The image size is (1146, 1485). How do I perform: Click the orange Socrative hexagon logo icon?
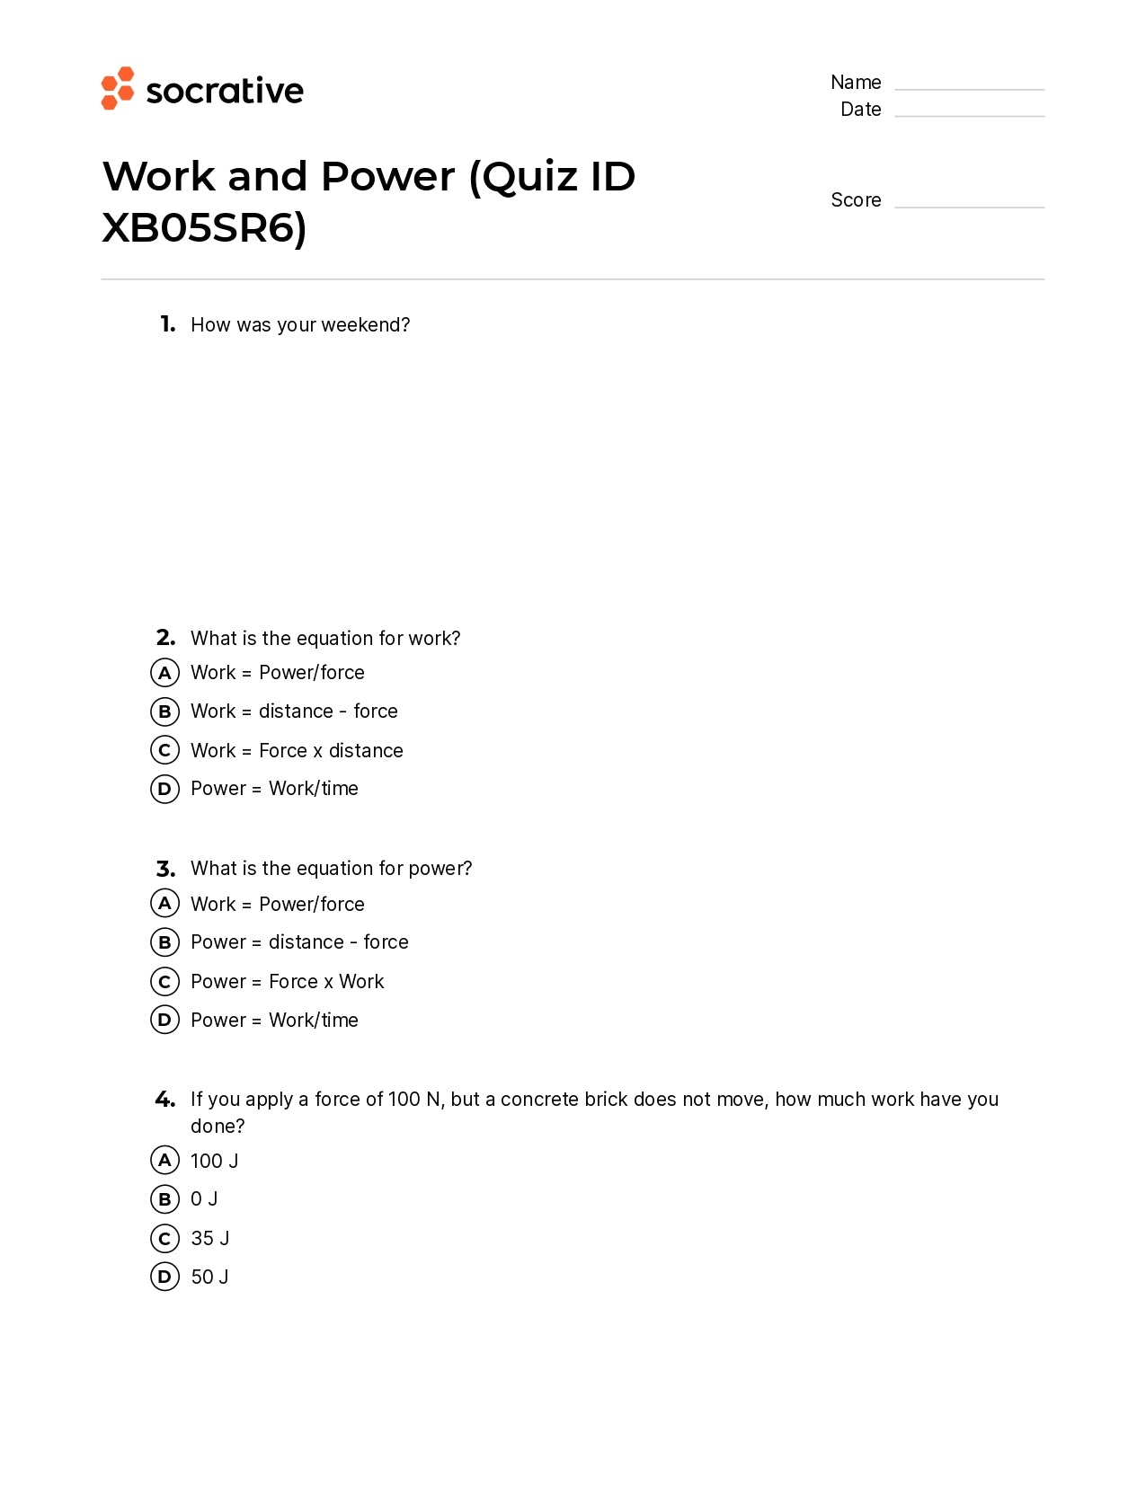(x=118, y=88)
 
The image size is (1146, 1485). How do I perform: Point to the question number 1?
(x=167, y=324)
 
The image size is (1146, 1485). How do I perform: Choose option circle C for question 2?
(x=164, y=750)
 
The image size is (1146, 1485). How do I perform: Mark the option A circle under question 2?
(x=164, y=673)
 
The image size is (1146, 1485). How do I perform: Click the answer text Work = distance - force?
(x=294, y=712)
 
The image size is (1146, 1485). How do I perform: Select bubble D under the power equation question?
(x=164, y=1020)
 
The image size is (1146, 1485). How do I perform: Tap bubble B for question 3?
(x=164, y=942)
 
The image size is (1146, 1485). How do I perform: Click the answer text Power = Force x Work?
(x=287, y=982)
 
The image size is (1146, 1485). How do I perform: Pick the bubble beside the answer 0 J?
(x=164, y=1199)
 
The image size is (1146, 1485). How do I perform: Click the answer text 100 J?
(x=214, y=1162)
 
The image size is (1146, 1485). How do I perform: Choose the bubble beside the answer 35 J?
(x=164, y=1239)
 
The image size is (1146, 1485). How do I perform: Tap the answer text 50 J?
(x=209, y=1277)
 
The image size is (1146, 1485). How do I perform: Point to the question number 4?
(x=164, y=1100)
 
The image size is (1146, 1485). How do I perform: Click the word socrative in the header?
(x=225, y=91)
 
